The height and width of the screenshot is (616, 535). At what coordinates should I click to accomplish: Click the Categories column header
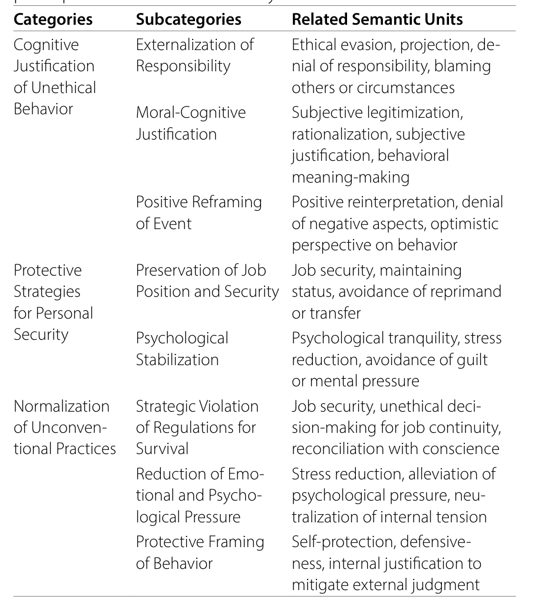(53, 19)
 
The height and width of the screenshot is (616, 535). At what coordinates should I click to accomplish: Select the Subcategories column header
(189, 19)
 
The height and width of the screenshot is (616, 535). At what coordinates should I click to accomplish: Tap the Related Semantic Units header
(377, 19)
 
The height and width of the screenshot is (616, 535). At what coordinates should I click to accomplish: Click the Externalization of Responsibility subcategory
(195, 55)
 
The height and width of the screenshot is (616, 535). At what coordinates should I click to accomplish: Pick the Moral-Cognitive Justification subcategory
(191, 123)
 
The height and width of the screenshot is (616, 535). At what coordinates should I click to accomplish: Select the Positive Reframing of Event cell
(199, 213)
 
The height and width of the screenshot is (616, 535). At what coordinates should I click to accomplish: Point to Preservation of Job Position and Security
(207, 281)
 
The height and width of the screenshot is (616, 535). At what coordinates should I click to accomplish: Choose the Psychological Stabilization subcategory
(182, 349)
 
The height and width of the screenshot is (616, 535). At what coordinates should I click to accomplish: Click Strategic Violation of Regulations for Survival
(197, 428)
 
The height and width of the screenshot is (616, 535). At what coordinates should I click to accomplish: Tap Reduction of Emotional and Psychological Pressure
(197, 495)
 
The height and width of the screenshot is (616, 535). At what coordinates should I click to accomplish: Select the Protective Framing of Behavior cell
(200, 552)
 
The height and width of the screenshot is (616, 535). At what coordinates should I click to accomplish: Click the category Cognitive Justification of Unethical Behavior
(54, 77)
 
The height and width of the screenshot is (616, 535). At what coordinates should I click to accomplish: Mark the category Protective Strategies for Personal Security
(53, 302)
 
